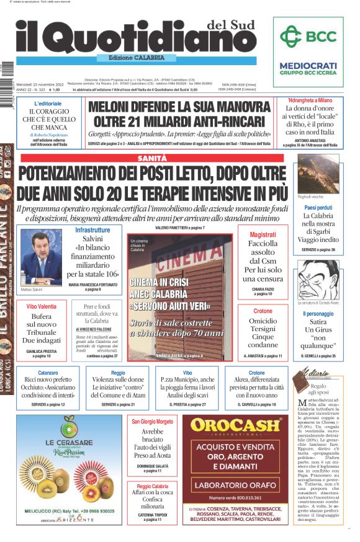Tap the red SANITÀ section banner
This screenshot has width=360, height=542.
[153, 159]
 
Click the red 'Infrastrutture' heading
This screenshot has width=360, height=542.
[92, 229]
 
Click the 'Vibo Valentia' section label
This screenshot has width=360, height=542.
[41, 307]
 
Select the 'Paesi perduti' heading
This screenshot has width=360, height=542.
[318, 207]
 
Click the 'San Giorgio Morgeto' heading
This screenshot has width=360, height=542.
[152, 422]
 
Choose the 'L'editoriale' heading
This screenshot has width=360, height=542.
[48, 103]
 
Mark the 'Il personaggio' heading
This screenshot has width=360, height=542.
[318, 314]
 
